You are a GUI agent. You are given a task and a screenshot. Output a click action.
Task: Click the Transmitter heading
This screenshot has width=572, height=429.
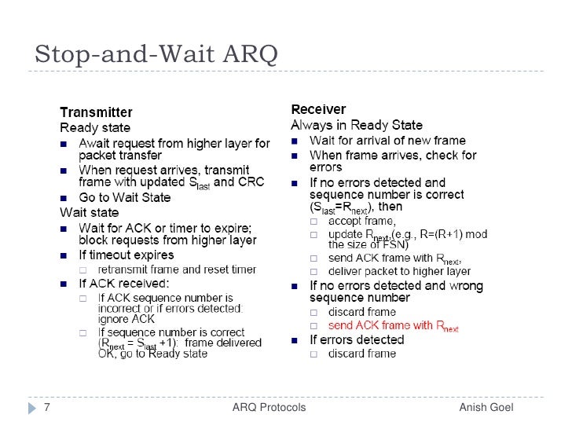96,112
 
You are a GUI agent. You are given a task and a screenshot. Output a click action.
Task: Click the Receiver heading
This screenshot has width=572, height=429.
318,109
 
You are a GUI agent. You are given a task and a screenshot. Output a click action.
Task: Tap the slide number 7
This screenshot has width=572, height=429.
47,407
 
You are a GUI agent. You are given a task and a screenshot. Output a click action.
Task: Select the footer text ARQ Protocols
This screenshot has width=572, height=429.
269,407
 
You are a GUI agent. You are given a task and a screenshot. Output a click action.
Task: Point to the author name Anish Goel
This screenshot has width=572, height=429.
486,407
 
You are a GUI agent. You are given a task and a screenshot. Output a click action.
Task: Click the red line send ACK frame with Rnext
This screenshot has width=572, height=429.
393,326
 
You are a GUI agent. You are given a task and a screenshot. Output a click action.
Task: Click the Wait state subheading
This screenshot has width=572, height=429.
90,212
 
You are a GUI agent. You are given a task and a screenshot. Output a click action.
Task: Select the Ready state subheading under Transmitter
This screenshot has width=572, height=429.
95,127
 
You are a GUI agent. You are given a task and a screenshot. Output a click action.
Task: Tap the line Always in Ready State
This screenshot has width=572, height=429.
357,125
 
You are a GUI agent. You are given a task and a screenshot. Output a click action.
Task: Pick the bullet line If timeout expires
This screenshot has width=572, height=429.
126,255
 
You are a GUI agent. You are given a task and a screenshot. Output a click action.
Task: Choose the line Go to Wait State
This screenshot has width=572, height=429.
126,197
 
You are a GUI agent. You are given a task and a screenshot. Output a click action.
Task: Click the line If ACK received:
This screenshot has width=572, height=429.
123,284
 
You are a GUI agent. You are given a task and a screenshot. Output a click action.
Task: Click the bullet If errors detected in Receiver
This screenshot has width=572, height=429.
356,339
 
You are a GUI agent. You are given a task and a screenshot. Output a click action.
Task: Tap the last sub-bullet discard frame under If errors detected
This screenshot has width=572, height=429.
362,354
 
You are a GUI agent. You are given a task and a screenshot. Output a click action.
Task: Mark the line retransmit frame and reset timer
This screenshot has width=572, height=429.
176,269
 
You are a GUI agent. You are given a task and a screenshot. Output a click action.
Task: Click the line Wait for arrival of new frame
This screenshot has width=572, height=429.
387,141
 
